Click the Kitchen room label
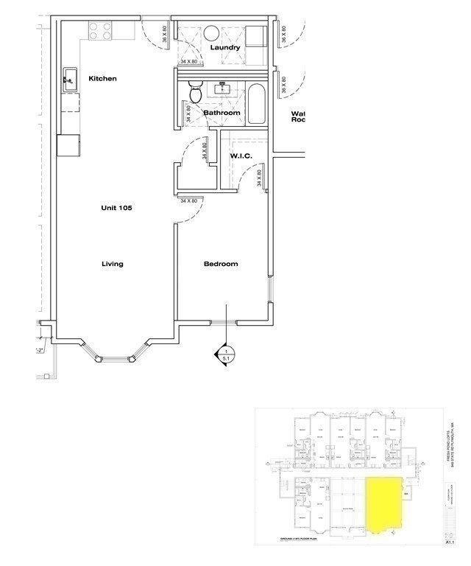pyautogui.click(x=102, y=79)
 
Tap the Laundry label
pyautogui.click(x=224, y=48)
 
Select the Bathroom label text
pyautogui.click(x=222, y=113)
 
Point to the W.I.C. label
pyautogui.click(x=241, y=156)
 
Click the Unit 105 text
pyautogui.click(x=116, y=208)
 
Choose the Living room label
pyautogui.click(x=113, y=264)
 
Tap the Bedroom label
pyautogui.click(x=221, y=264)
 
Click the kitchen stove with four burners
pyautogui.click(x=101, y=30)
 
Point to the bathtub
pyautogui.click(x=258, y=105)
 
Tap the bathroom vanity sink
pyautogui.click(x=224, y=89)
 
